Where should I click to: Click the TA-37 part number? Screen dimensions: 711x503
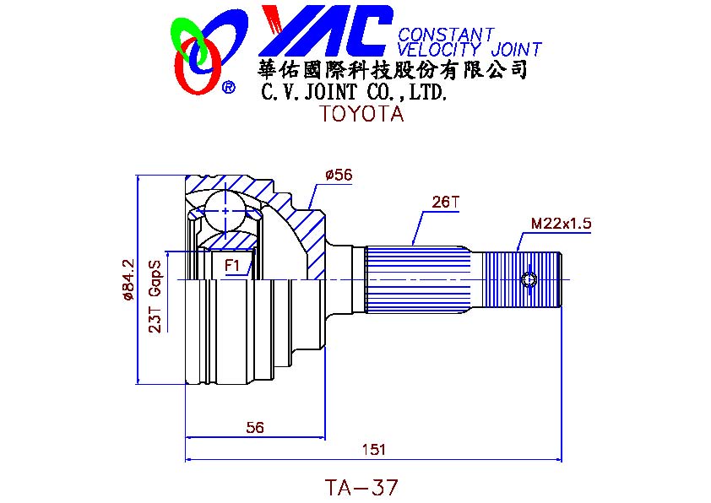(361, 488)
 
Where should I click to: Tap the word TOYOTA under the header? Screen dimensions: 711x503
(361, 113)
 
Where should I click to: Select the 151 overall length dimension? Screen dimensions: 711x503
(374, 450)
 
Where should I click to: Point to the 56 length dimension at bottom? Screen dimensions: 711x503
(255, 427)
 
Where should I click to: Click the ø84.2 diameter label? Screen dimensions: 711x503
(128, 279)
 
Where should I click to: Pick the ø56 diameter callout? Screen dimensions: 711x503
(339, 175)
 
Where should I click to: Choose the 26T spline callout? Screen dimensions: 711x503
(445, 202)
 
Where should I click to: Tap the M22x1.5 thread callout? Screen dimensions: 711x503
(561, 223)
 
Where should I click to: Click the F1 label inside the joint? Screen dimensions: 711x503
(232, 265)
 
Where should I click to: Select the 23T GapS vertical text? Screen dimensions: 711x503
(155, 297)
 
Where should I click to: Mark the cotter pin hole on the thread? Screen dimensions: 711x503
(529, 280)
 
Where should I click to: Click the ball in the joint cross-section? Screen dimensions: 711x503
(225, 211)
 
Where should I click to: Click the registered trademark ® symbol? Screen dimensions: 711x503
(229, 87)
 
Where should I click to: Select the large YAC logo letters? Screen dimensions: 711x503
(326, 31)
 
